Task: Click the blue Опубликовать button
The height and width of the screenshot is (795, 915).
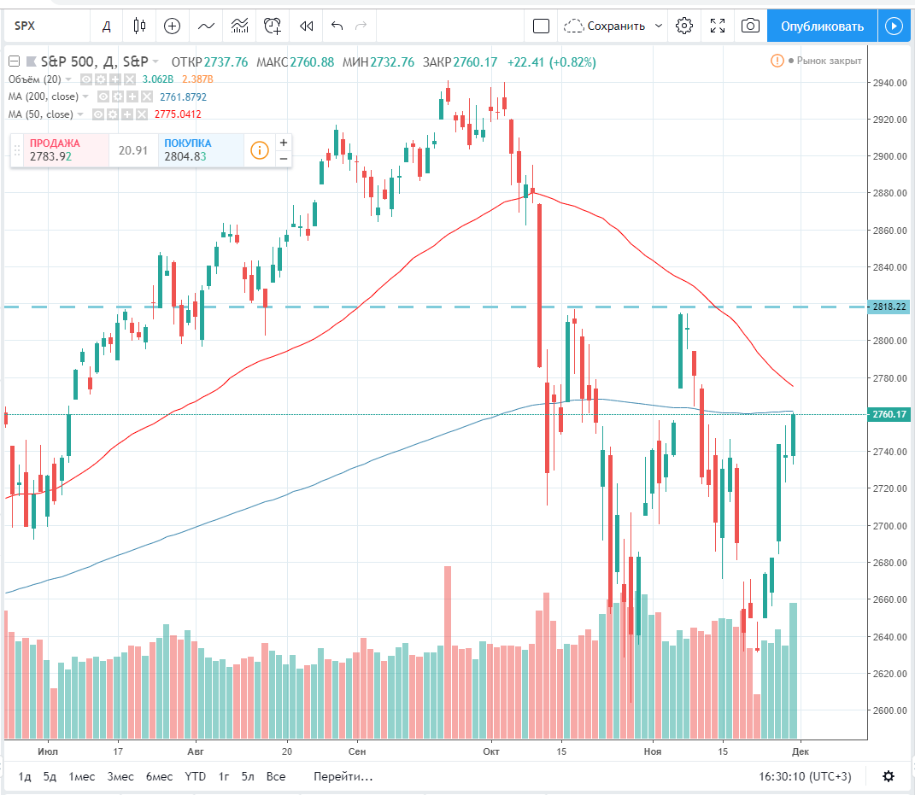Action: (x=821, y=26)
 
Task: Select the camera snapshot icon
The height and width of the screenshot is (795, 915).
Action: (x=750, y=26)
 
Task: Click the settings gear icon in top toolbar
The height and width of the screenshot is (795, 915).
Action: (x=683, y=26)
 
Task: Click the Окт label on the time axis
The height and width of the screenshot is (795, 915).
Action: (x=490, y=751)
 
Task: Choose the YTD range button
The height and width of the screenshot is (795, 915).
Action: (x=196, y=776)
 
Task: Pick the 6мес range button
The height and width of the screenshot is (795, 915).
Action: (x=159, y=776)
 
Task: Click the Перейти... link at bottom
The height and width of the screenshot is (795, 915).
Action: (x=343, y=776)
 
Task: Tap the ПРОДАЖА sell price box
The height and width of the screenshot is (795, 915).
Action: (x=59, y=150)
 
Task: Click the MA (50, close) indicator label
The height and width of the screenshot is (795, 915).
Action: (x=41, y=114)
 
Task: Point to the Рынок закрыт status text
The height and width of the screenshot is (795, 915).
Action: (x=829, y=61)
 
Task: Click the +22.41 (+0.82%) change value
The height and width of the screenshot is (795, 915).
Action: (x=551, y=61)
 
